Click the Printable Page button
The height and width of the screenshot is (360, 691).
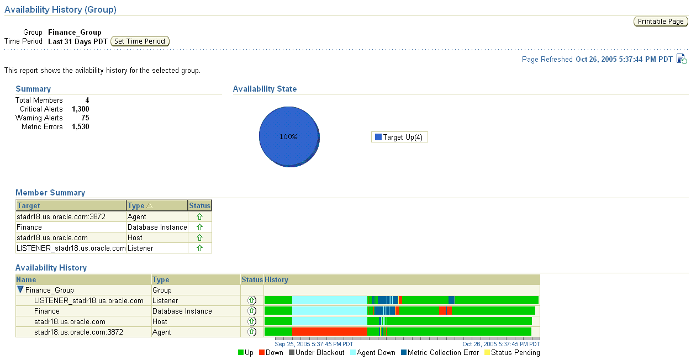pos(660,22)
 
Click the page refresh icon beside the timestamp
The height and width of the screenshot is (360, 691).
pos(682,59)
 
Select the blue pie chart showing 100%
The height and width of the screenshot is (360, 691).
pos(289,136)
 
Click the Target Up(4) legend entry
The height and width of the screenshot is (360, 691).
pos(399,137)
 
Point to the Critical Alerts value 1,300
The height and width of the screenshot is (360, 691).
pos(81,109)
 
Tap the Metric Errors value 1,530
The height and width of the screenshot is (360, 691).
pos(81,127)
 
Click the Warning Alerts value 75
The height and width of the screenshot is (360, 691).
pos(85,118)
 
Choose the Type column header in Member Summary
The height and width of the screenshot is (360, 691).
pos(140,206)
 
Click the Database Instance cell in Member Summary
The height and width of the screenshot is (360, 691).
pos(156,227)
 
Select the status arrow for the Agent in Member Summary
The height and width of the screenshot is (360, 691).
pos(199,217)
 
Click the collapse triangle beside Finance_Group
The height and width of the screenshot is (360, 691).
pos(20,290)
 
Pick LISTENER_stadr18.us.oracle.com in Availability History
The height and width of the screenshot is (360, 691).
pos(88,301)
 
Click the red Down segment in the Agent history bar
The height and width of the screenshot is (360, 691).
pos(329,332)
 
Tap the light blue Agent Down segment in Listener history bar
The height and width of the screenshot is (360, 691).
pos(329,300)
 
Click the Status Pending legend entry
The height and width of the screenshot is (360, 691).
pos(511,353)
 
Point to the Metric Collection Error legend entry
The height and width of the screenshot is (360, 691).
pos(440,353)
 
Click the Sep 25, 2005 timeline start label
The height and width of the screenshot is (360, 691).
pos(314,344)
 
